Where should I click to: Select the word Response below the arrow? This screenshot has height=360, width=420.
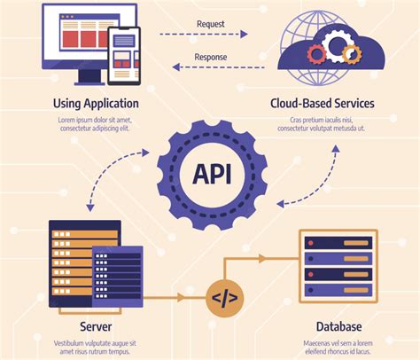210,58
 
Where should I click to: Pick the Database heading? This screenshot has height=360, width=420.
337,327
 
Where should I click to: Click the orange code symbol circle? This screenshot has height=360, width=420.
224,299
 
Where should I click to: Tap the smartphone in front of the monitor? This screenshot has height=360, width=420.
124,53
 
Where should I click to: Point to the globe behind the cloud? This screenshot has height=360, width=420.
306,31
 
